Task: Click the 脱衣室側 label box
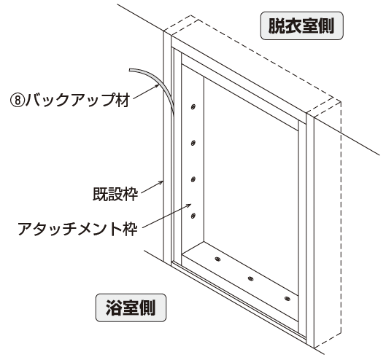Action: pyautogui.click(x=301, y=26)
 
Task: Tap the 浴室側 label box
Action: pyautogui.click(x=131, y=308)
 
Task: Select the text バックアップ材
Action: pyautogui.click(x=77, y=100)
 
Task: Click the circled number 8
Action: pyautogui.click(x=18, y=101)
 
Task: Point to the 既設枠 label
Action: pyautogui.click(x=115, y=195)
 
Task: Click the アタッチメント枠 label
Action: pyautogui.click(x=77, y=229)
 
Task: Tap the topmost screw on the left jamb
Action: pyautogui.click(x=193, y=106)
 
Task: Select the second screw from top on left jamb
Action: pyautogui.click(x=193, y=143)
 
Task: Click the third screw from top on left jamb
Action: pyautogui.click(x=193, y=179)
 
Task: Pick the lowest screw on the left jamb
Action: pyautogui.click(x=193, y=216)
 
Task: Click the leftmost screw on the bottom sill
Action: pyautogui.click(x=217, y=259)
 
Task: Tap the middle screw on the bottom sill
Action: pyautogui.click(x=250, y=278)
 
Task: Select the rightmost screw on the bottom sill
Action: pyautogui.click(x=287, y=299)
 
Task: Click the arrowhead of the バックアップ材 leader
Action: pyautogui.click(x=157, y=85)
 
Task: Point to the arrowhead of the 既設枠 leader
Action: pyautogui.click(x=161, y=182)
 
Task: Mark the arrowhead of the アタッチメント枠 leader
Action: pyautogui.click(x=189, y=205)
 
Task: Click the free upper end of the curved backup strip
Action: pyautogui.click(x=130, y=71)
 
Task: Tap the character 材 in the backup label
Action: pyautogui.click(x=123, y=100)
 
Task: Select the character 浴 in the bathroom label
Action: pyautogui.click(x=114, y=308)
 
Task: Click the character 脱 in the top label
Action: pyautogui.click(x=277, y=26)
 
